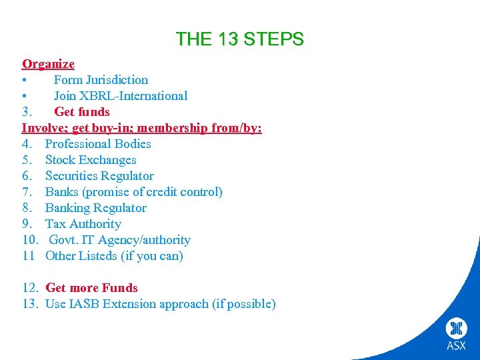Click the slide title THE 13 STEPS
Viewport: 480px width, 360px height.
[239, 39]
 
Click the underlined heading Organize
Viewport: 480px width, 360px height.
[48, 64]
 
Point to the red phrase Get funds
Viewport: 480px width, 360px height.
[82, 112]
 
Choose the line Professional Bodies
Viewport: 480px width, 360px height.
[98, 144]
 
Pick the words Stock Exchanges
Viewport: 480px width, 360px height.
[91, 160]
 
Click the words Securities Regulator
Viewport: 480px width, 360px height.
[99, 176]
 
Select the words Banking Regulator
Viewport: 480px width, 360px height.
[95, 208]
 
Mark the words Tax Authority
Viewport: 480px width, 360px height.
[83, 224]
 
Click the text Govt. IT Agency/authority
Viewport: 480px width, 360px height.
[119, 240]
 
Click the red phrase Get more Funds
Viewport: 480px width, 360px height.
[91, 288]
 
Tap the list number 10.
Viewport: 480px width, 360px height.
[31, 240]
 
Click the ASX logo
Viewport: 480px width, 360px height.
[457, 333]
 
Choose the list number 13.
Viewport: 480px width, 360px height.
[31, 304]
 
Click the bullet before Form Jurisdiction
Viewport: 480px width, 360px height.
[25, 80]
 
